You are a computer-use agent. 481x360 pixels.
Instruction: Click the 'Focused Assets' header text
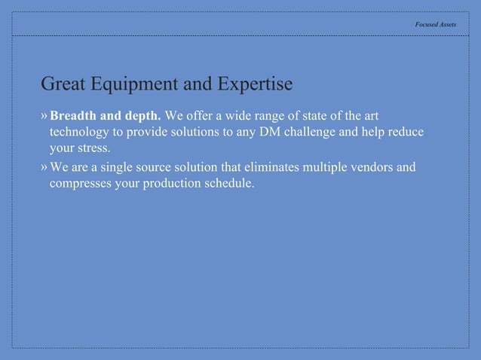pyautogui.click(x=435, y=25)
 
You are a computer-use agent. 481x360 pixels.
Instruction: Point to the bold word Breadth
pyautogui.click(x=74, y=116)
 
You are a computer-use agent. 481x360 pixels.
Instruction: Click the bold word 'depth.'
pyautogui.click(x=143, y=116)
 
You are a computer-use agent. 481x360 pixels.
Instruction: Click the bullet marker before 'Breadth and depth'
pyautogui.click(x=44, y=116)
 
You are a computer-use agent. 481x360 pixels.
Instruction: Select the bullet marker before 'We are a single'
pyautogui.click(x=44, y=166)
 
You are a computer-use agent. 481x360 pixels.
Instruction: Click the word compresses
pyautogui.click(x=81, y=182)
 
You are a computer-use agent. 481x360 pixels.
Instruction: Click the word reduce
pyautogui.click(x=406, y=132)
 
